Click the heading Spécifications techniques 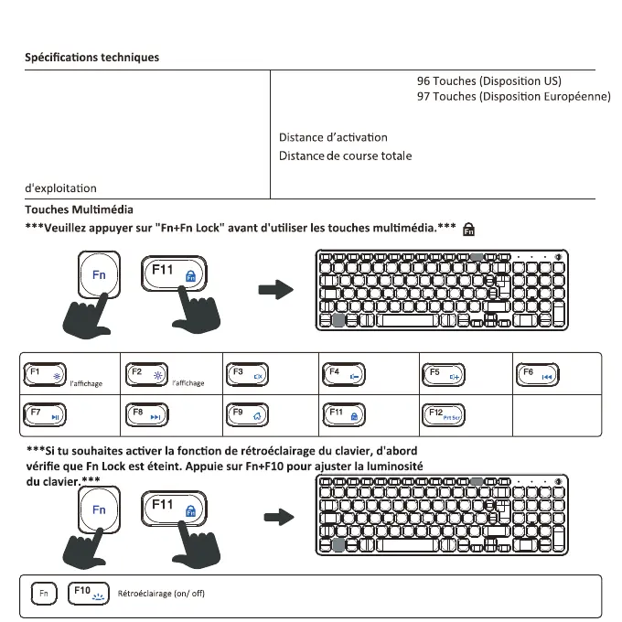91,58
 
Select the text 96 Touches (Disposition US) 488,81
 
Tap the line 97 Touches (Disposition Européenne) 513,96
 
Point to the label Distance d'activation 333,137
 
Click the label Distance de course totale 345,155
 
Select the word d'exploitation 60,188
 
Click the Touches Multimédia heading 79,209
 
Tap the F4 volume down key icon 345,375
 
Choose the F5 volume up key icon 445,375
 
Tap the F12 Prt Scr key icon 445,415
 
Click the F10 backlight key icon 90,593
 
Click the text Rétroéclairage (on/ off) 161,594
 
